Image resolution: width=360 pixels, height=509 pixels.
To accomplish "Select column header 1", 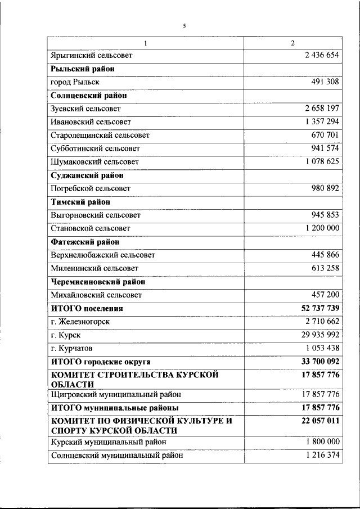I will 145,43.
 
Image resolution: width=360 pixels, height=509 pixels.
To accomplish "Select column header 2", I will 292,43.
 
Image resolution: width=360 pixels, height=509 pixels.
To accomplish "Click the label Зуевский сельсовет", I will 85,109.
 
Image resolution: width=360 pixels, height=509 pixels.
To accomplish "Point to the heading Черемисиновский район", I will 98,282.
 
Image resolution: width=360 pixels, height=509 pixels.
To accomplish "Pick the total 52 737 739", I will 317,308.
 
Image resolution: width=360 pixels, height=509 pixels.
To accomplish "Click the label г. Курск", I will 65,335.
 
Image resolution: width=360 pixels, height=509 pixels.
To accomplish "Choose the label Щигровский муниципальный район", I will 116,394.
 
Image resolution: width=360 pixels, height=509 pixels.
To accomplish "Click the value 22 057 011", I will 317,421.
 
